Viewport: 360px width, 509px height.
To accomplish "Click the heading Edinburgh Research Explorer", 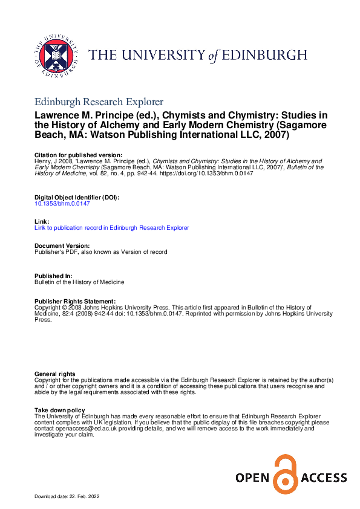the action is [99, 102].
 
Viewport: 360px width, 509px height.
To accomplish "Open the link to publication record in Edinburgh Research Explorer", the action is [111, 228].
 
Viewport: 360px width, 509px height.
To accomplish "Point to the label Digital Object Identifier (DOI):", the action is [77, 198].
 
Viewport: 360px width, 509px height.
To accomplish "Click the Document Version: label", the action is [62, 246].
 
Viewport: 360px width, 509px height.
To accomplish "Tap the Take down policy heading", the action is [60, 410].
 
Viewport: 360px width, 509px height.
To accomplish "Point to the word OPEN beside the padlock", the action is [252, 479].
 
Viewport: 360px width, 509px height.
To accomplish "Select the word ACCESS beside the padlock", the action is [322, 479].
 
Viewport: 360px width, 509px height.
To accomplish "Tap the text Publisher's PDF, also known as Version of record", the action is [101, 252].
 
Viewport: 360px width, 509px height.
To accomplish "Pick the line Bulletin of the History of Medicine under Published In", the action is [79, 282].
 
